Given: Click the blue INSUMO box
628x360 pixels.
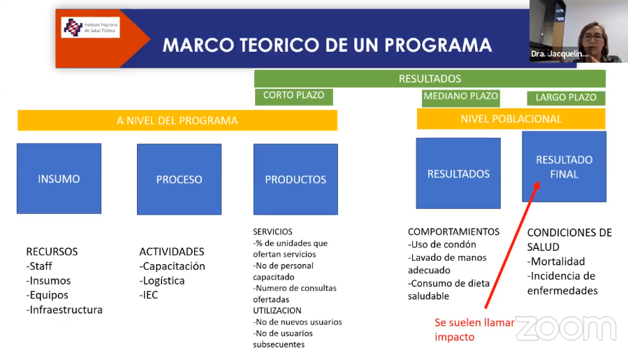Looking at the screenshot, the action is click(x=59, y=178).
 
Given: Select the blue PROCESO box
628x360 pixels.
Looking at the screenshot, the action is click(x=179, y=179).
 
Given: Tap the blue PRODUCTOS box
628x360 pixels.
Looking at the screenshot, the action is click(x=295, y=179).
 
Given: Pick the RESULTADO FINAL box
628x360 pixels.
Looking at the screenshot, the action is click(x=564, y=166).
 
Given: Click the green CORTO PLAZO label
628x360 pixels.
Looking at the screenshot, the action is click(x=294, y=96).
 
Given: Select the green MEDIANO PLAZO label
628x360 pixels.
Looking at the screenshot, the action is click(x=460, y=98).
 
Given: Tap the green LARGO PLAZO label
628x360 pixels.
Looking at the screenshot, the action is click(x=566, y=98).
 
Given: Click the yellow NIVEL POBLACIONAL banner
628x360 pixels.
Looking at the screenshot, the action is click(x=511, y=119).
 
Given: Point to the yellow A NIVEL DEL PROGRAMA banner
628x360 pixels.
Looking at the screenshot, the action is click(x=177, y=120).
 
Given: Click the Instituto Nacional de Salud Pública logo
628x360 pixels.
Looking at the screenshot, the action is click(x=90, y=27).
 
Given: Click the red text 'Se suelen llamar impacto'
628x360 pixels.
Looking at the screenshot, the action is click(x=474, y=329).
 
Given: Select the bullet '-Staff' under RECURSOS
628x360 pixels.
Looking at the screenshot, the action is click(x=39, y=266).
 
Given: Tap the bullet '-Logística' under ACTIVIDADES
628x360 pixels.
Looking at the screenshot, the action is click(x=162, y=280).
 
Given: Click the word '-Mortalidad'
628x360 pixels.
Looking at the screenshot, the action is click(x=556, y=261).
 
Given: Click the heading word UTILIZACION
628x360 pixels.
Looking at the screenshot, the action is click(x=277, y=310).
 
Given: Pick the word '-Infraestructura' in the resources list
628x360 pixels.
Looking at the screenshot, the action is click(x=64, y=310).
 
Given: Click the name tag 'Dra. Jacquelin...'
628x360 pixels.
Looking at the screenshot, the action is click(x=559, y=54).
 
